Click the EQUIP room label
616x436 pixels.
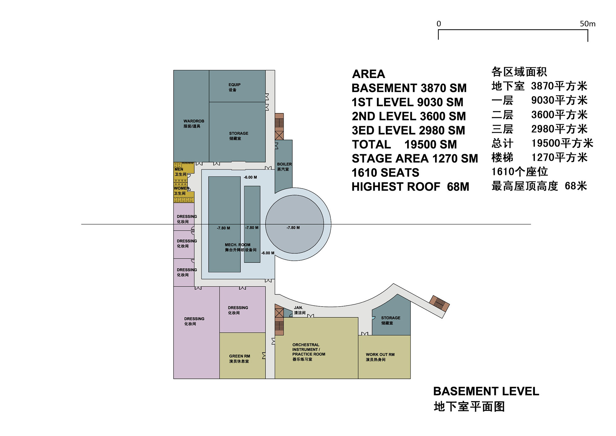tap(234, 85)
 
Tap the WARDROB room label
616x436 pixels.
tap(194, 121)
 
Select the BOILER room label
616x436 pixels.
tap(284, 164)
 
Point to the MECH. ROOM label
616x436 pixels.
tap(237, 245)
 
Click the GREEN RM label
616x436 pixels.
tap(239, 356)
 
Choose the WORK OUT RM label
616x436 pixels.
tap(380, 354)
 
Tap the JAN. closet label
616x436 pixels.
tap(298, 308)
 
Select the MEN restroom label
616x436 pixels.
tap(179, 169)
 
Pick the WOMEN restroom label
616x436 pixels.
tap(182, 188)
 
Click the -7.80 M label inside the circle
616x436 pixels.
tap(293, 228)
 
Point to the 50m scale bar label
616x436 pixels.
tap(587, 24)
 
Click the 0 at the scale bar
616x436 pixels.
tap(439, 24)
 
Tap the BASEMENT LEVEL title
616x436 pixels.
tap(486, 391)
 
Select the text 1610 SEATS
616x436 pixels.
tap(385, 173)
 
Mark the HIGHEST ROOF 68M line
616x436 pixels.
tap(410, 187)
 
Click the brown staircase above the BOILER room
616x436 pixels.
tap(279, 126)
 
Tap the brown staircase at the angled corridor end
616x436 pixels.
tap(440, 303)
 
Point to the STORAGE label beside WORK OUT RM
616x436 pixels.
tap(390, 318)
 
